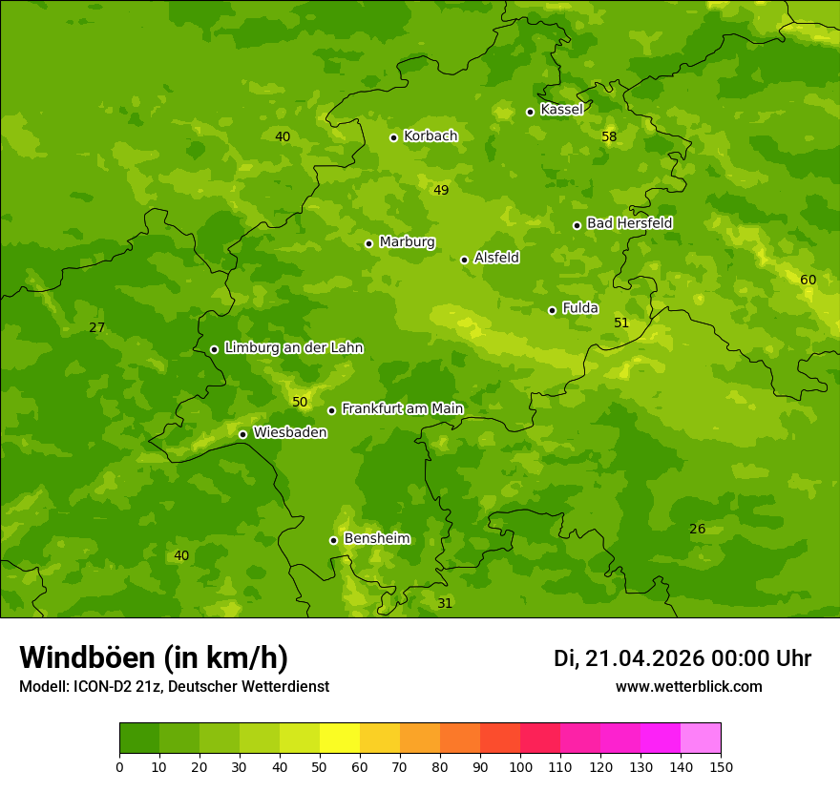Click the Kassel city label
[561, 110]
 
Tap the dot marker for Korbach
[393, 137]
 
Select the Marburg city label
[407, 242]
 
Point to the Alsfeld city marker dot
[464, 260]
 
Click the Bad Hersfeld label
[629, 223]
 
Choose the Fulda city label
[580, 308]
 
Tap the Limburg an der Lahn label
[293, 348]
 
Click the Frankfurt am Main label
[402, 408]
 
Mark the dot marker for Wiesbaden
[242, 434]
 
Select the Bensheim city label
[376, 538]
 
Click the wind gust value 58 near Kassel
[609, 136]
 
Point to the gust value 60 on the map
[808, 280]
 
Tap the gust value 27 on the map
[96, 327]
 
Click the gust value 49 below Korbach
[441, 190]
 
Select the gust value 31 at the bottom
[445, 603]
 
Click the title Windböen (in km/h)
[154, 657]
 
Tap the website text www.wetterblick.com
[688, 686]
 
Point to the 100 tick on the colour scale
[520, 766]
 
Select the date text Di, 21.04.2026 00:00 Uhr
[682, 658]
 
